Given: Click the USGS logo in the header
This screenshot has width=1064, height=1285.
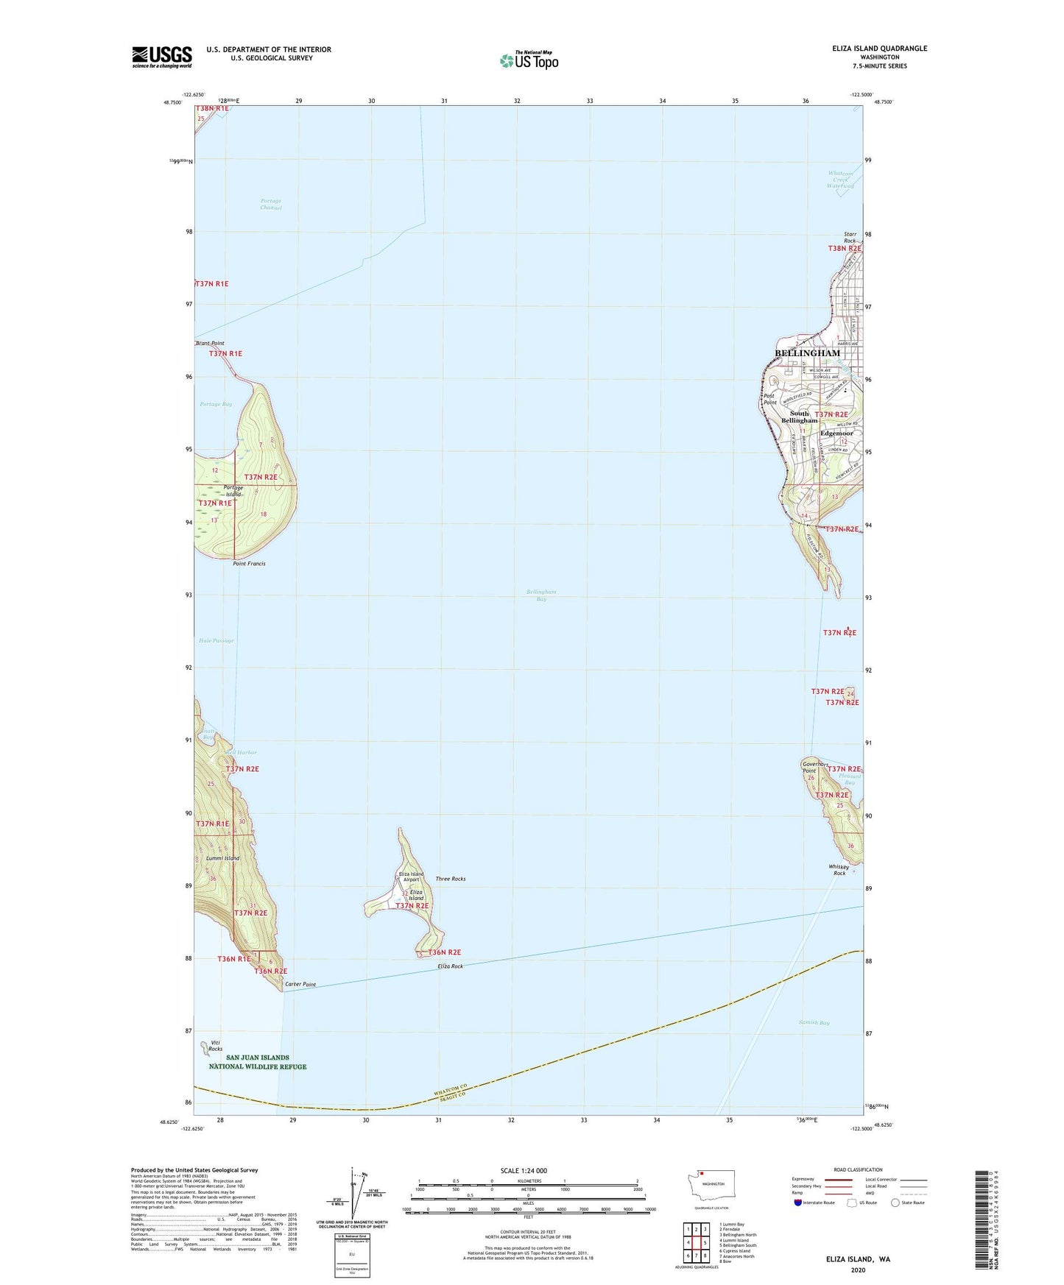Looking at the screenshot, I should (162, 57).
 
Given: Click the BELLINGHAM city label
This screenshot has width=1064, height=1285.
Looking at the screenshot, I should (807, 353).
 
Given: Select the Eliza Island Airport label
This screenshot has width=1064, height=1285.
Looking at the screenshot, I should (410, 877).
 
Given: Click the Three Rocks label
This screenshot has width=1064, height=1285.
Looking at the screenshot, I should (451, 879).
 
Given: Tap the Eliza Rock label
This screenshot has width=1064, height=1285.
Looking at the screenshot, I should (451, 966).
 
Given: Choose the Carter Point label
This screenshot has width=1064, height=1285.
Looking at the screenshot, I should (300, 985).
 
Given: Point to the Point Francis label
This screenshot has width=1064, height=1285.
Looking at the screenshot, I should (249, 564).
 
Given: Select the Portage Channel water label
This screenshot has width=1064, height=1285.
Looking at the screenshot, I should (271, 204).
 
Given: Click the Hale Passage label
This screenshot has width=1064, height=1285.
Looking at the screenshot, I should (216, 640).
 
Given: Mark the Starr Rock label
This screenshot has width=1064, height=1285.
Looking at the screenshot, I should (850, 238).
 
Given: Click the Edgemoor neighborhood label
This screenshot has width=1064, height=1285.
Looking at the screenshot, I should (836, 433).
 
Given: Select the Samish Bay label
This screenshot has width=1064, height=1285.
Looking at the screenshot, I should (814, 1023).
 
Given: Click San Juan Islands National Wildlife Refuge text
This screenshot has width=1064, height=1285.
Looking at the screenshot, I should (258, 1062).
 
